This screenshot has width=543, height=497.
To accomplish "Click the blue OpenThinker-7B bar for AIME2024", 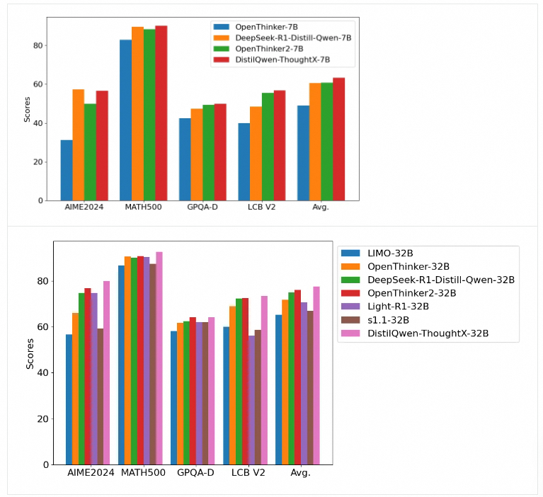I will click(67, 171).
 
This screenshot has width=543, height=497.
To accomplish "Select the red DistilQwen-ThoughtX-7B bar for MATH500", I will click(161, 113).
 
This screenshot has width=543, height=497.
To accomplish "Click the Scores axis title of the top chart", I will click(28, 110).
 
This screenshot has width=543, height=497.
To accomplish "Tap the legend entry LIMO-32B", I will click(390, 253).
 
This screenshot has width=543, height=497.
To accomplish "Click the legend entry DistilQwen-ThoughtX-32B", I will click(428, 333).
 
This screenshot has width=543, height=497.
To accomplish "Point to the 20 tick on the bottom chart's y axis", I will click(44, 418).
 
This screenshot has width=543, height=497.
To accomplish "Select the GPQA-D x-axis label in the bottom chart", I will click(195, 472).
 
